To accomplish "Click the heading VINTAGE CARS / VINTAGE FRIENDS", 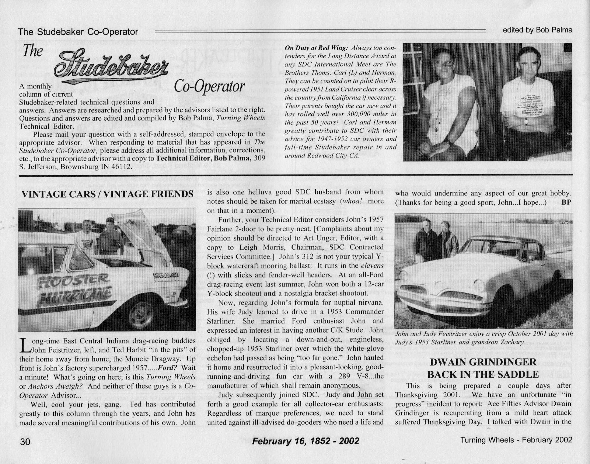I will coord(107,194).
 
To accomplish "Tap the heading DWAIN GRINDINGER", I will coord(483,362).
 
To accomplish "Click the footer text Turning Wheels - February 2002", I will coord(516,440).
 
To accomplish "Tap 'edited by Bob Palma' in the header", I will coord(537,30).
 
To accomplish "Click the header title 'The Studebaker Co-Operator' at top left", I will coord(78,32).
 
